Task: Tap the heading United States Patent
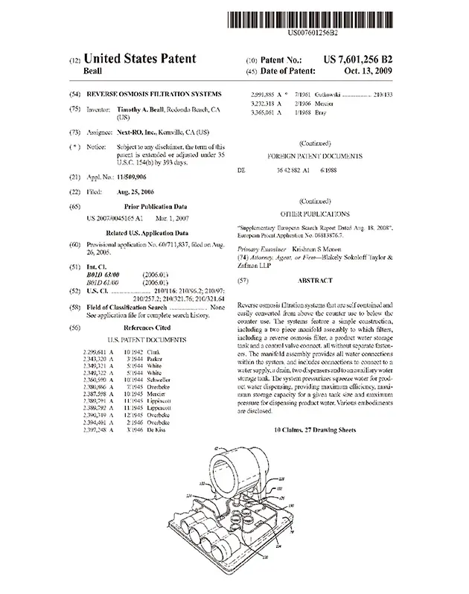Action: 141,58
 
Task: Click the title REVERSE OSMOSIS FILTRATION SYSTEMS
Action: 154,94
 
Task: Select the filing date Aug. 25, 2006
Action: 135,191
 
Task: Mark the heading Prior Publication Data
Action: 155,205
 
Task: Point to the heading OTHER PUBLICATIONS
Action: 315,213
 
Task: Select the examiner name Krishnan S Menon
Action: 309,249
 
